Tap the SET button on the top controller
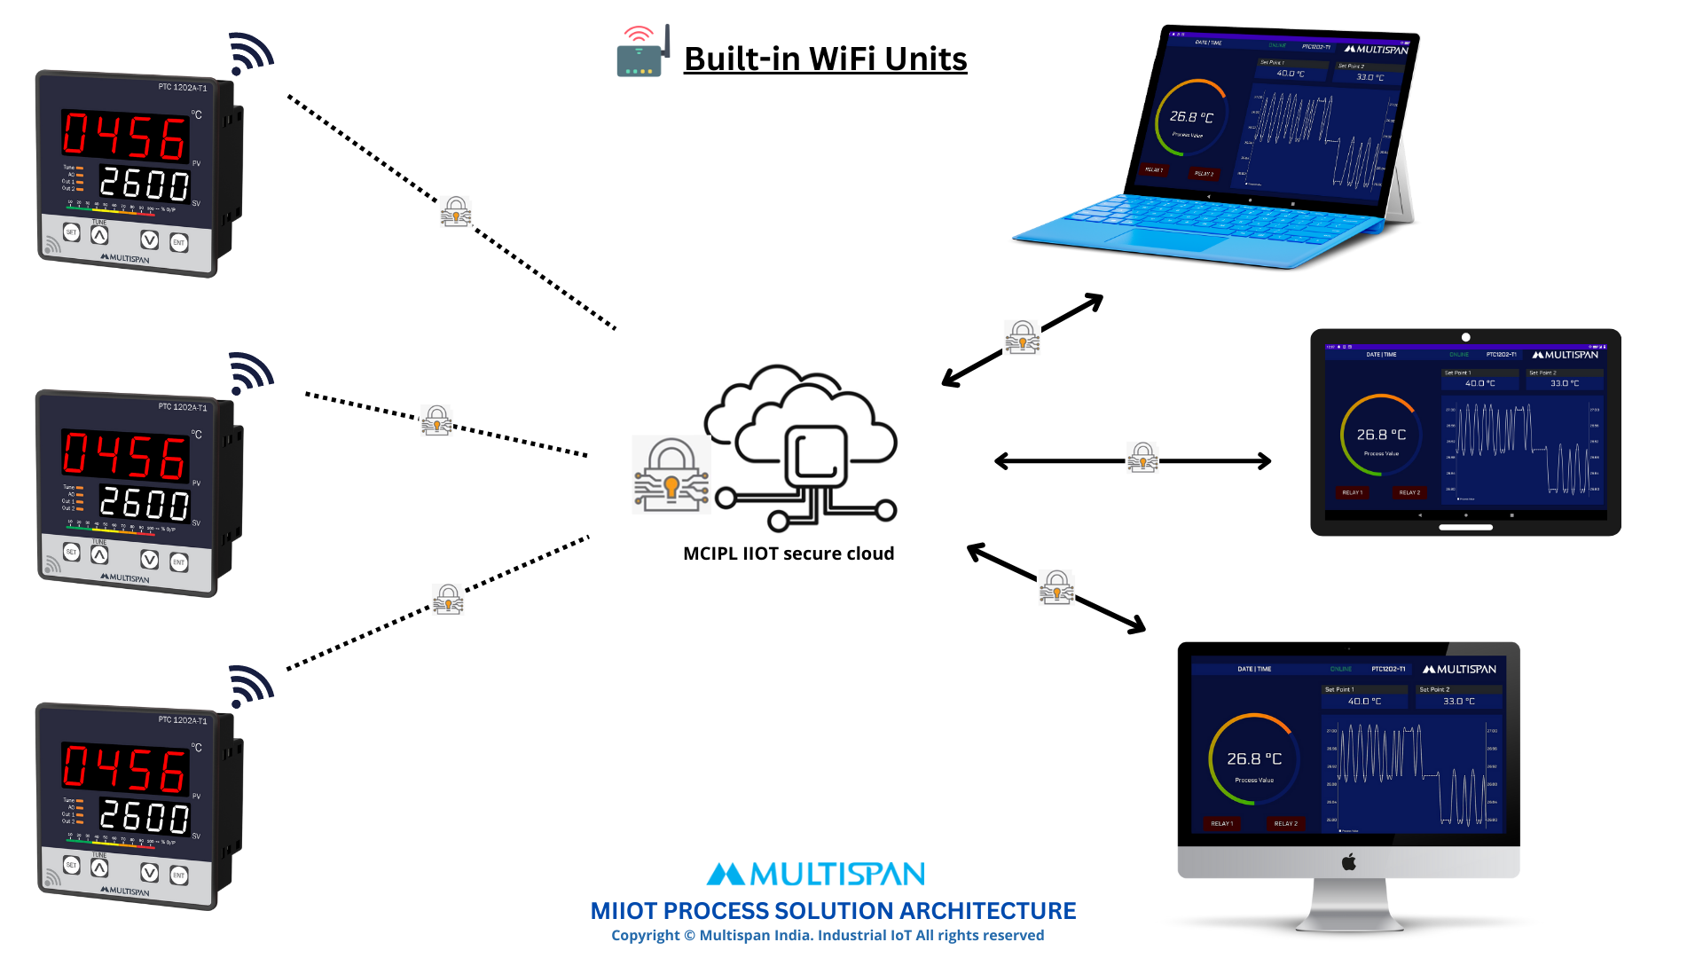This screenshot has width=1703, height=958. (72, 232)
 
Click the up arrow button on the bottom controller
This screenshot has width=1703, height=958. (99, 868)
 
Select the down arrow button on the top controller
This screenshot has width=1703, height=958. (149, 239)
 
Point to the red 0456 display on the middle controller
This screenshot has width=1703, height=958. (124, 456)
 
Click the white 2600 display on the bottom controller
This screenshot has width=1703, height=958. (144, 816)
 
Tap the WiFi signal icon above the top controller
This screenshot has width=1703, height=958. (250, 54)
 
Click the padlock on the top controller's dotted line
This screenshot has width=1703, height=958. (456, 211)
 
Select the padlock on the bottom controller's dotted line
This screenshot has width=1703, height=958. (448, 599)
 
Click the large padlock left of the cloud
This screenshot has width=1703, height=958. (671, 475)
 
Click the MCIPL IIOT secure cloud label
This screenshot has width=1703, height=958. (789, 554)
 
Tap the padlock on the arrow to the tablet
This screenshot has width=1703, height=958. (1142, 458)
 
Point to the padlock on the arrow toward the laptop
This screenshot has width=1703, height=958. (1022, 337)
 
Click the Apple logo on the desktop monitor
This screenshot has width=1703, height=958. (1348, 861)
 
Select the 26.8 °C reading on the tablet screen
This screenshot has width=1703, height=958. (1381, 435)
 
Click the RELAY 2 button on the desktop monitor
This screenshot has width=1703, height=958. (1285, 823)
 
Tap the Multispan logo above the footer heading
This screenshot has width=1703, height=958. (815, 875)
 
